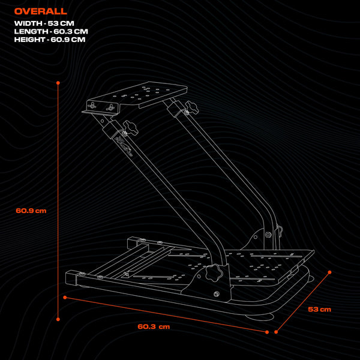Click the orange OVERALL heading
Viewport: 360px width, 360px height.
click(x=41, y=11)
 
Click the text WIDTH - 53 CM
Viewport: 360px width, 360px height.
click(x=44, y=23)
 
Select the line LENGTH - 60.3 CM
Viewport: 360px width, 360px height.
click(x=51, y=31)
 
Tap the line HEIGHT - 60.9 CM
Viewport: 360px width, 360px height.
click(x=50, y=39)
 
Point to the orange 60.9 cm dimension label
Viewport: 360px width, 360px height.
click(x=31, y=211)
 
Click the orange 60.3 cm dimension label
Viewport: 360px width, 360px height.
click(x=154, y=326)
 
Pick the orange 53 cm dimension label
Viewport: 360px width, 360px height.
click(x=319, y=310)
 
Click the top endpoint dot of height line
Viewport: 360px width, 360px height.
click(x=58, y=83)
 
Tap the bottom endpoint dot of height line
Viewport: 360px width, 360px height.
click(x=58, y=319)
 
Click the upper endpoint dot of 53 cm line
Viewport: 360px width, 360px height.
click(x=329, y=272)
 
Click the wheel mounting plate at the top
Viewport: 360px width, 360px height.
click(x=144, y=93)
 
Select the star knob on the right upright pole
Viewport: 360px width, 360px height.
click(x=191, y=108)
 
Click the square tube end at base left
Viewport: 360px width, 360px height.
click(x=72, y=278)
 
